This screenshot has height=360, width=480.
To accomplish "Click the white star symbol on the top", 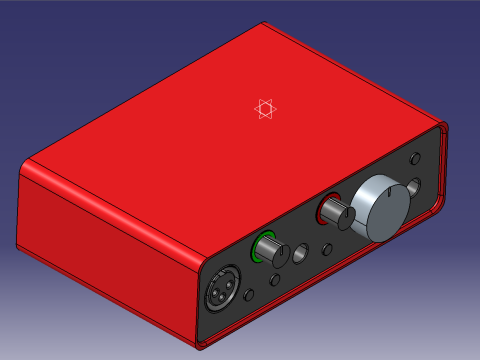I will (x=264, y=109).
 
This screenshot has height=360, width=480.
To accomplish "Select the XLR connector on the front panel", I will (x=220, y=293).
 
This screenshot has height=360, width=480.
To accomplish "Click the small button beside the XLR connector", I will (x=249, y=295).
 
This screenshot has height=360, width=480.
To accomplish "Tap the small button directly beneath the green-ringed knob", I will (x=273, y=280).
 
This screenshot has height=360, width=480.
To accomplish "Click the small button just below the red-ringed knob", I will (x=327, y=249).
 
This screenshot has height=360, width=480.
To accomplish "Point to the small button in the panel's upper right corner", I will (x=415, y=159).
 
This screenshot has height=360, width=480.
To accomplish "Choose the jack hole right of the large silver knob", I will (x=415, y=189).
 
